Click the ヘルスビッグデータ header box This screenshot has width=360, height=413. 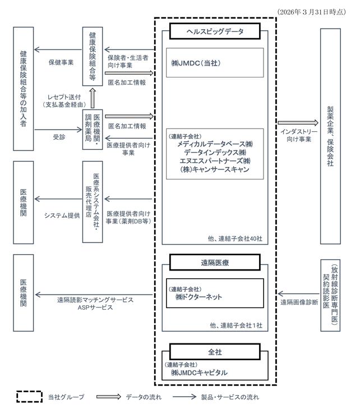pos(215,31)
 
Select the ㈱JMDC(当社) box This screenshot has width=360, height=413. pos(215,63)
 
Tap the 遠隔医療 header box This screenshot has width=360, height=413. pos(215,263)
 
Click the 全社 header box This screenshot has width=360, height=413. pos(215,352)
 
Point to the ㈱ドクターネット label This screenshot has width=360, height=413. pos(199,297)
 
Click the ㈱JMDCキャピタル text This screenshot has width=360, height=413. pos(199,373)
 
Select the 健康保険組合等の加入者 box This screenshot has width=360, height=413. pos(24,89)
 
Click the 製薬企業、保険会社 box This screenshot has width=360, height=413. pos(330,136)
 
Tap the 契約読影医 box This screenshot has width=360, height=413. pos(330,295)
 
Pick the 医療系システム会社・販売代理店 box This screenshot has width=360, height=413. pos(93,202)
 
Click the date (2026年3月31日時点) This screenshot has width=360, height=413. pos(312,12)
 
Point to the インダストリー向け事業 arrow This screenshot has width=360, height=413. pos(298,123)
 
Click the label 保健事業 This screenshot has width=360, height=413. pos(61,62)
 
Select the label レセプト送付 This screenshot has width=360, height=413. pos(64,97)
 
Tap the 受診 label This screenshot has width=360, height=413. pos(59,137)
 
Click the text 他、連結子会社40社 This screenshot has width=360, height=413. pos(235,238)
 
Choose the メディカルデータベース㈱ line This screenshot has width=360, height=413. pos(215,144)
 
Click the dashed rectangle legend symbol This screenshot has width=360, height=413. pos(29,397)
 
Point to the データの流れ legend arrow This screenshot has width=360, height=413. pos(108,397)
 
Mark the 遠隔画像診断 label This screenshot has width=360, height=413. pos(299,302)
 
